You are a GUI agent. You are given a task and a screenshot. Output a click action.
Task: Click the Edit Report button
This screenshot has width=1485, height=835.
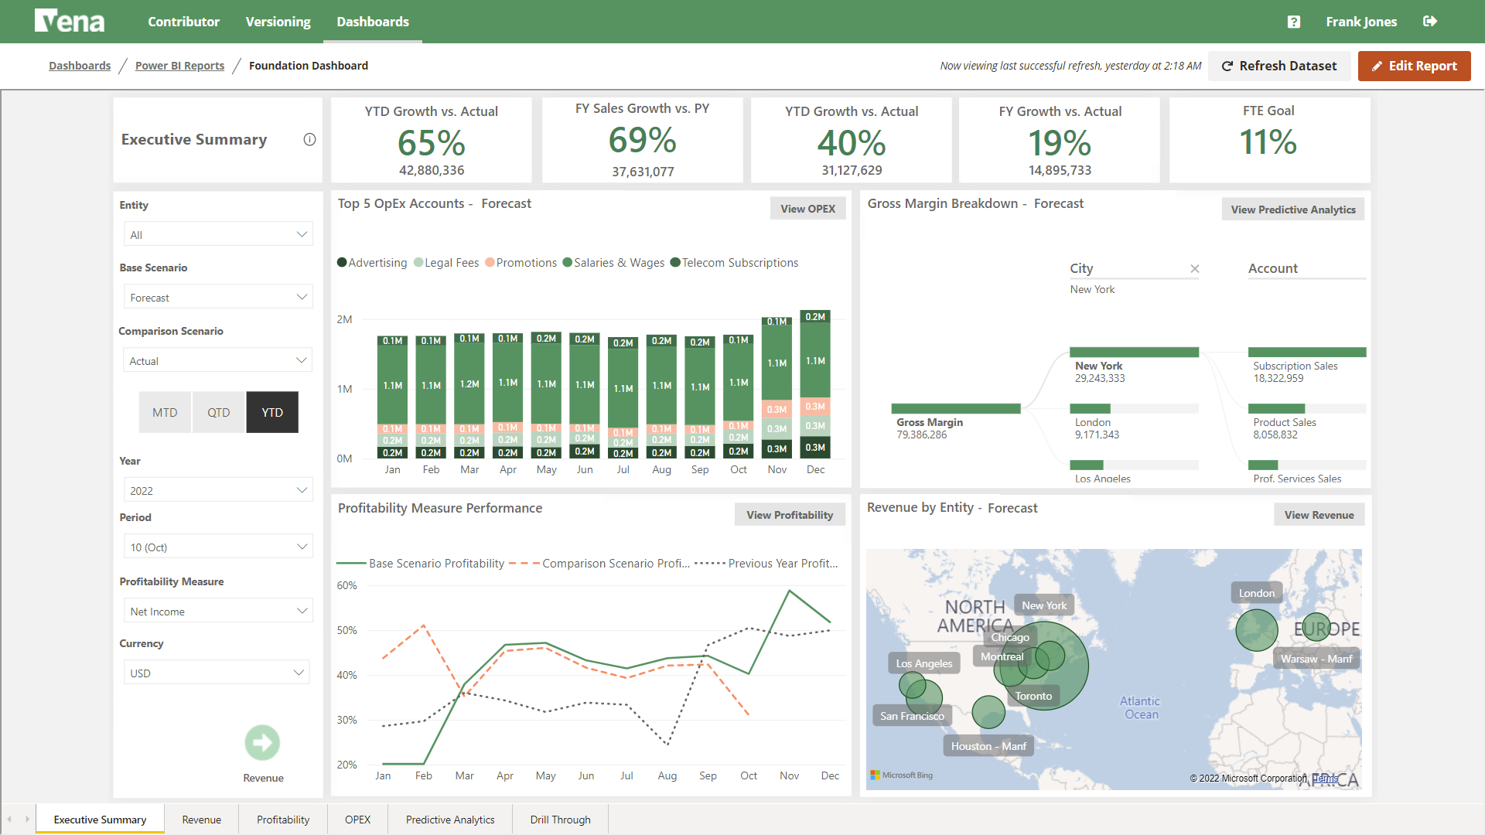tap(1414, 66)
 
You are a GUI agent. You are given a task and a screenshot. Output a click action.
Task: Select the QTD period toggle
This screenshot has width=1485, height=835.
tap(218, 413)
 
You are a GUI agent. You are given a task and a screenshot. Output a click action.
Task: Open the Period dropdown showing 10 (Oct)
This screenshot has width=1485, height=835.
tap(218, 547)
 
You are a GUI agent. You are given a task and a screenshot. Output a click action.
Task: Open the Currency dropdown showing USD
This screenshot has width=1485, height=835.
tap(217, 673)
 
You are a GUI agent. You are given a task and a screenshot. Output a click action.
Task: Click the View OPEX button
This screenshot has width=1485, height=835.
tap(807, 209)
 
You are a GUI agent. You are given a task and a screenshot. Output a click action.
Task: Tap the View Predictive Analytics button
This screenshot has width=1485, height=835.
tap(1292, 210)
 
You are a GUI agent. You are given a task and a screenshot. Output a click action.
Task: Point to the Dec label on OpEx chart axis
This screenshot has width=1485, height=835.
tap(815, 470)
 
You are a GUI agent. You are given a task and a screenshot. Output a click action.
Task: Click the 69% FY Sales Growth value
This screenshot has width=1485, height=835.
tap(642, 141)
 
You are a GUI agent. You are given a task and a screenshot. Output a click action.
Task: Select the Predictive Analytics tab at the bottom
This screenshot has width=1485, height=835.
tap(450, 820)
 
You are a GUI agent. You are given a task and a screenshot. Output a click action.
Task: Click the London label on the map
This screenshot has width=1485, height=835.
tap(1256, 593)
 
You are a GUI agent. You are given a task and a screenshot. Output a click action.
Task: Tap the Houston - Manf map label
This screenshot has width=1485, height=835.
tap(988, 746)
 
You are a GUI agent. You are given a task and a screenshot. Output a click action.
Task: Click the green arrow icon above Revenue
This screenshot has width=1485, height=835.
tap(262, 743)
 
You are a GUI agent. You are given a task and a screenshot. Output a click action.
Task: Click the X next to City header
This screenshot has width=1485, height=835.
tap(1194, 269)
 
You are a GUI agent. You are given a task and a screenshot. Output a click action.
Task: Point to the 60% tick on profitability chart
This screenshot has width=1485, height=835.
tap(346, 586)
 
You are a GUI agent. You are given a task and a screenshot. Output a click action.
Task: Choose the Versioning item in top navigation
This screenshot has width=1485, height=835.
tap(278, 22)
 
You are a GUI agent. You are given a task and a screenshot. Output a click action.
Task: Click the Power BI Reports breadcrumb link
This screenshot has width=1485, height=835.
tap(179, 66)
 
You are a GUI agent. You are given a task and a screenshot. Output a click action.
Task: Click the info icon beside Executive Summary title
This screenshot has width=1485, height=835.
tap(309, 140)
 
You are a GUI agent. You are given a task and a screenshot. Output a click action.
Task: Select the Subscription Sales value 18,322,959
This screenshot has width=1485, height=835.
tap(1278, 379)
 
